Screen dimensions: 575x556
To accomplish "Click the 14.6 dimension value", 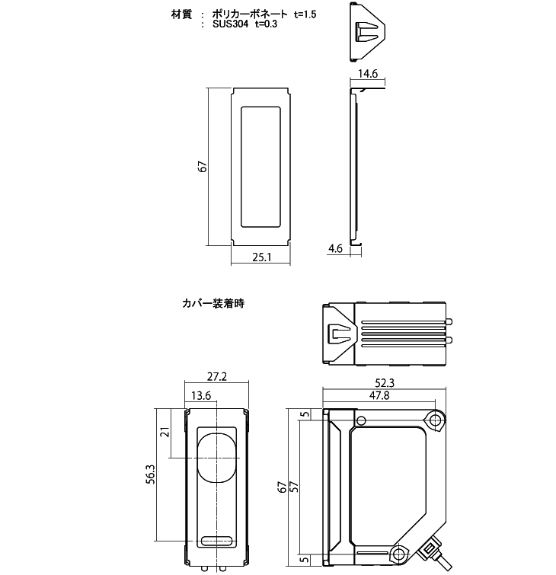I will pyautogui.click(x=368, y=75).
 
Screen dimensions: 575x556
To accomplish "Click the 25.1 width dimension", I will pyautogui.click(x=262, y=257).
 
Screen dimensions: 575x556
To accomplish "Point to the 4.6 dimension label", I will pyautogui.click(x=335, y=249).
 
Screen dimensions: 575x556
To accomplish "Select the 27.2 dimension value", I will pyautogui.click(x=218, y=376).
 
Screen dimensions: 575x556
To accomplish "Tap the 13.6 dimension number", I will pyautogui.click(x=202, y=395).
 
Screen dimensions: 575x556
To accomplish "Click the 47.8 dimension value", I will pyautogui.click(x=380, y=396).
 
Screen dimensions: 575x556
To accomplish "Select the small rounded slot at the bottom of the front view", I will pyautogui.click(x=218, y=541).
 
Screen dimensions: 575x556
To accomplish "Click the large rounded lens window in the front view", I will pyautogui.click(x=218, y=456).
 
